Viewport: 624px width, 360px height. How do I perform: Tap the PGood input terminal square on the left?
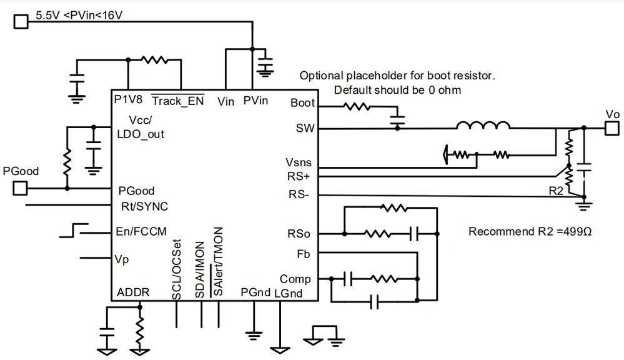point(21,187)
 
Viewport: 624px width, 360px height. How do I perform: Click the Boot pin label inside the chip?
point(303,103)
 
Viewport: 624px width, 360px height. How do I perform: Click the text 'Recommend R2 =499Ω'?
point(530,232)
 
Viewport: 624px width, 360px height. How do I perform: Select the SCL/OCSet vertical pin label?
point(176,262)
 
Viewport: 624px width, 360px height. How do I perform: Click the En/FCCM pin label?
point(141,231)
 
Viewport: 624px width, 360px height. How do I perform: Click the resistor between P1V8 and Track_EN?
point(154,61)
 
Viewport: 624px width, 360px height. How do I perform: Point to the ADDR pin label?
point(133,292)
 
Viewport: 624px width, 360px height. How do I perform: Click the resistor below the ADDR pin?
point(140,329)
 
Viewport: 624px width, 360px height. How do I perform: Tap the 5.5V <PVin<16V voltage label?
point(79,14)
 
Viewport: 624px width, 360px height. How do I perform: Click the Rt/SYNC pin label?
point(144,206)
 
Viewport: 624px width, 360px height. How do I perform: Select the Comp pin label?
point(295,279)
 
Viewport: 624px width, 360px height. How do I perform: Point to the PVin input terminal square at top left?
point(21,22)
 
